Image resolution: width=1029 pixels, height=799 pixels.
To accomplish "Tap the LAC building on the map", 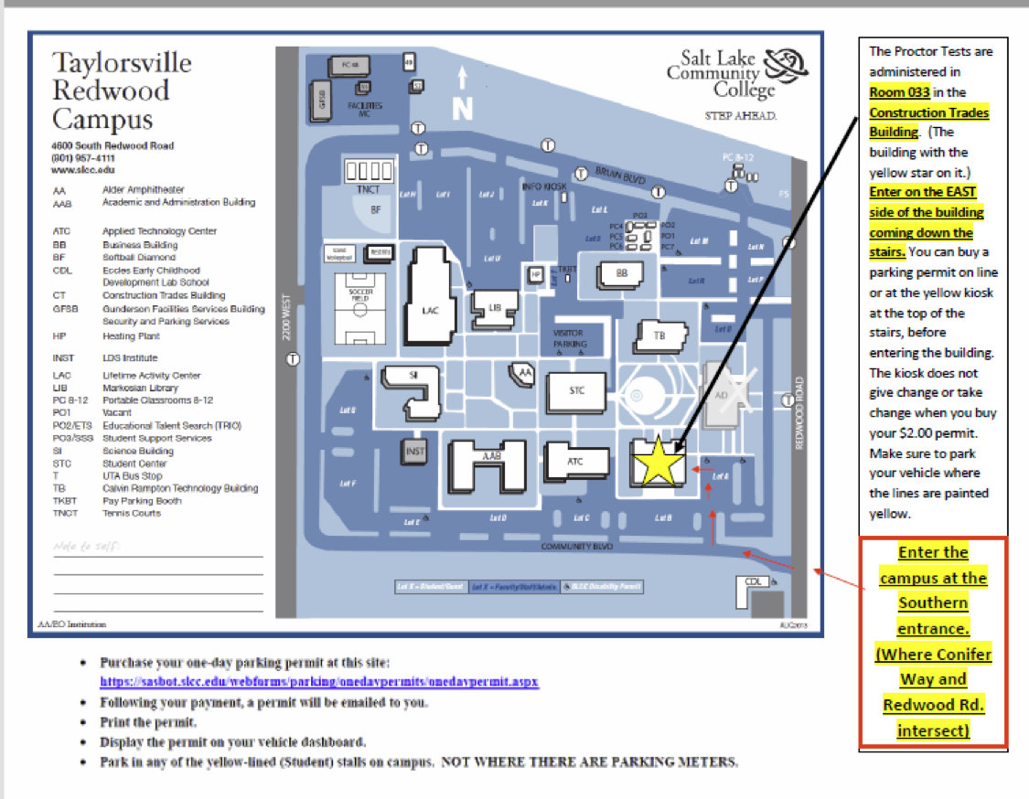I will [430, 310].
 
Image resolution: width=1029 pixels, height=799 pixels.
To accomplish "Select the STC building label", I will [576, 390].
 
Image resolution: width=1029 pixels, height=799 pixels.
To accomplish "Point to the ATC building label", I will [574, 462].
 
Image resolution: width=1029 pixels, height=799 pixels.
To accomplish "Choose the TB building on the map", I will [659, 336].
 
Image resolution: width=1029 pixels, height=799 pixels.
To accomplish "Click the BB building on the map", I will [622, 272].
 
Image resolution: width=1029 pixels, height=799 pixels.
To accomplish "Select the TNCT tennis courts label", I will [369, 190].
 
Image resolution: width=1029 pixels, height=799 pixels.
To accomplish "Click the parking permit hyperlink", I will [319, 682].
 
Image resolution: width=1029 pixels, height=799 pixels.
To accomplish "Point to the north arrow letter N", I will [463, 109].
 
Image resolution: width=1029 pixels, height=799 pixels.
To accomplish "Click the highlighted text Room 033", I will [899, 91].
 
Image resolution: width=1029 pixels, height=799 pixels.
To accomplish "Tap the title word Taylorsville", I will [122, 62].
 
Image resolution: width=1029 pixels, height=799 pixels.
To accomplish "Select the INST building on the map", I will [415, 451].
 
